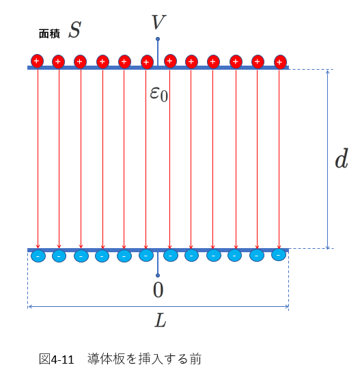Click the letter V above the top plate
pos(158,22)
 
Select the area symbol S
pos(74,30)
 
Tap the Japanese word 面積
pos(49,33)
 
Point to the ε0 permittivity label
pos(158,94)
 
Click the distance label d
pos(342,159)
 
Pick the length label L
pos(161,320)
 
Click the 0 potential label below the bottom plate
pos(158,290)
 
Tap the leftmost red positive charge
pos(37,61)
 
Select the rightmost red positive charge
pos(280,62)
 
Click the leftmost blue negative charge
pos(38,256)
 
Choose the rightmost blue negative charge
pos(279,255)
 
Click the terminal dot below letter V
pos(158,39)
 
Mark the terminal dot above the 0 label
pos(158,275)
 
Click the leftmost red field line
pos(38,159)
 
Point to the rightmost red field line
pos(279,159)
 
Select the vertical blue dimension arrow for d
pos(327,159)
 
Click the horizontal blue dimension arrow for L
pos(158,307)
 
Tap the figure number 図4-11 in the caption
pos(57,360)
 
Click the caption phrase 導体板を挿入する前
pos(144,359)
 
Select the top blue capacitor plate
pos(158,68)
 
